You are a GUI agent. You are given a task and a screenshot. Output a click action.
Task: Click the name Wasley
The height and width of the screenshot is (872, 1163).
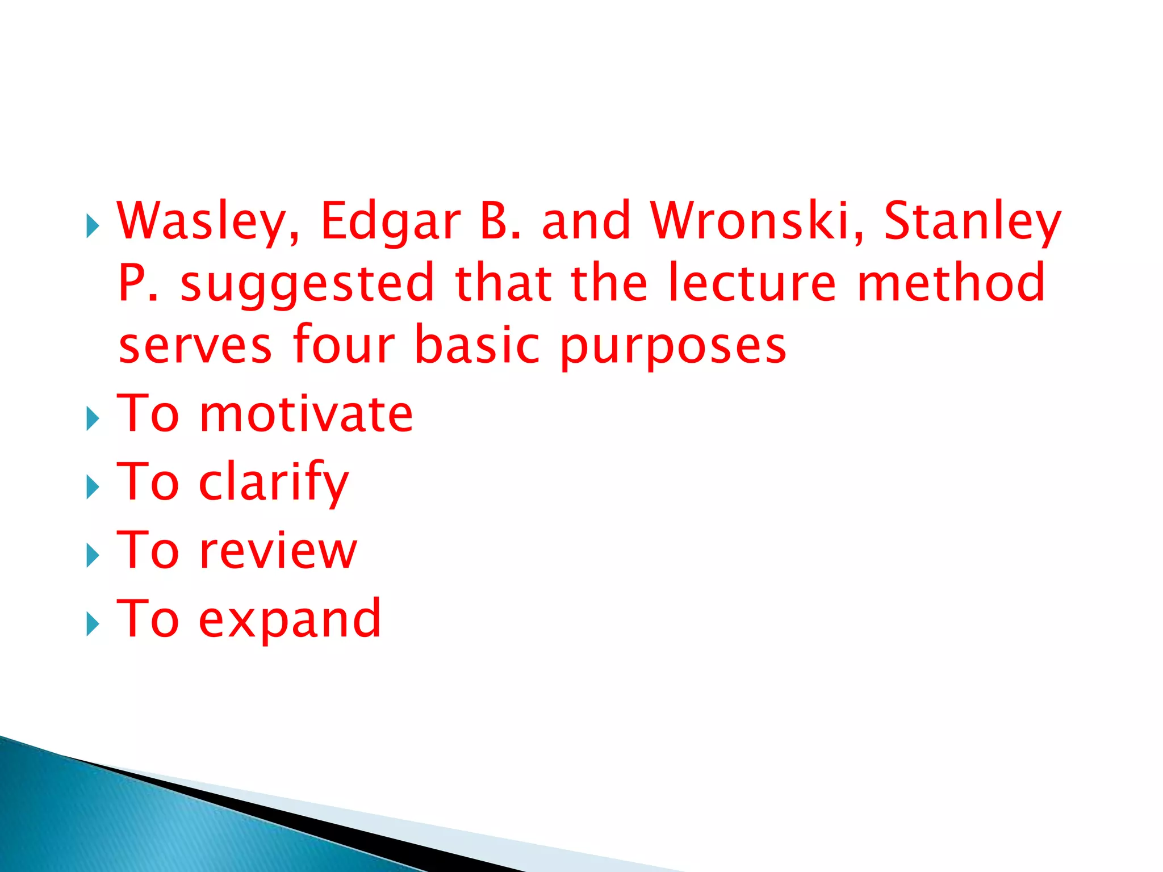(x=208, y=221)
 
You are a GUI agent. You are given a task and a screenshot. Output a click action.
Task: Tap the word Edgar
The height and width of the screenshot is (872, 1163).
(x=391, y=221)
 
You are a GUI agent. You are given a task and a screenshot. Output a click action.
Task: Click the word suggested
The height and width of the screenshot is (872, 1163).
(x=307, y=284)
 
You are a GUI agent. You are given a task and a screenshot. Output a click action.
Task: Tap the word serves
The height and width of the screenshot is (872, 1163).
(x=195, y=345)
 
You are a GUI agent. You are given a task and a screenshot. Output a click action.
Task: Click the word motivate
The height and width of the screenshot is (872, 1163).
(x=306, y=414)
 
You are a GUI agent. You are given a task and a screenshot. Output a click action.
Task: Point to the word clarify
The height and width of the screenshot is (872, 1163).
(x=274, y=483)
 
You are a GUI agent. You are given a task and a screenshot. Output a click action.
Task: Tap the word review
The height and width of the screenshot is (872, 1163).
(x=278, y=551)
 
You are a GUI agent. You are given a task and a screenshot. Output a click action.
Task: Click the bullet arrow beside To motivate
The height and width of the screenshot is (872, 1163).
(x=93, y=420)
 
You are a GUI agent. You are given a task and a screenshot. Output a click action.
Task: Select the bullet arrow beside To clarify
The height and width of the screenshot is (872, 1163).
(x=93, y=488)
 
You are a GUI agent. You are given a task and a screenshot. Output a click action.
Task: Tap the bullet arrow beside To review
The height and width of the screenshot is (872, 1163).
(x=93, y=556)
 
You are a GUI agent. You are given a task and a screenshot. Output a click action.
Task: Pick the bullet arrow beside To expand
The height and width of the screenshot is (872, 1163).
(x=93, y=624)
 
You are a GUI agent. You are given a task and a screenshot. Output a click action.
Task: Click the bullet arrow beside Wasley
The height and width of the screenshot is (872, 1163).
(x=93, y=227)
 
